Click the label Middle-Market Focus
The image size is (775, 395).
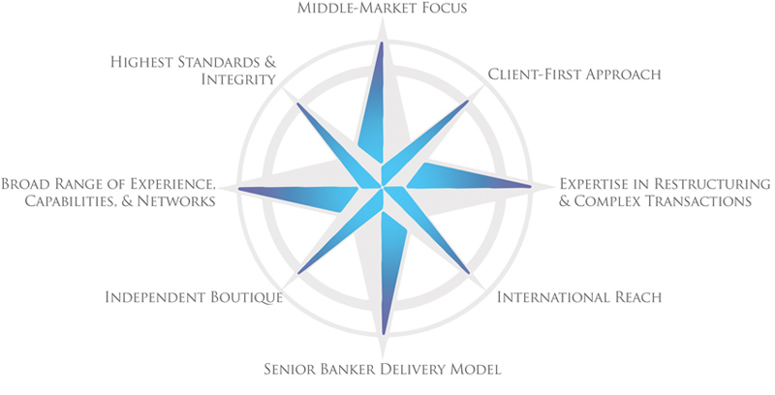click(x=383, y=10)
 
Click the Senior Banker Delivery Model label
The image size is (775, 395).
click(x=384, y=369)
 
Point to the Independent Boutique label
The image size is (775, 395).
click(x=194, y=296)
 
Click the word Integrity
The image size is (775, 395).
click(x=240, y=81)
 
